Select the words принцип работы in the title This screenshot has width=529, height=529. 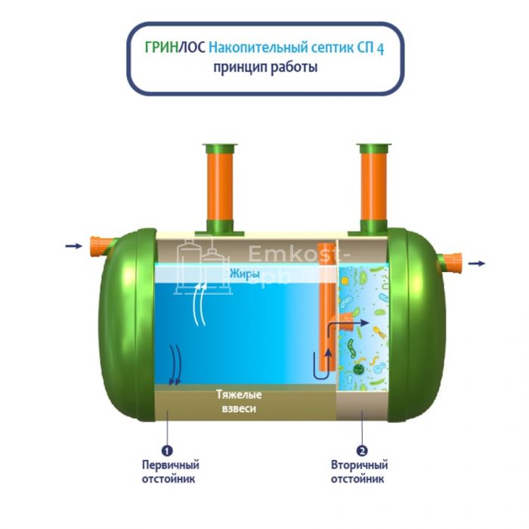264,67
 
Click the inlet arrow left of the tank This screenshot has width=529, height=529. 73,246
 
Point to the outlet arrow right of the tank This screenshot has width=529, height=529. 477,263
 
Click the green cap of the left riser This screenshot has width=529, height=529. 220,148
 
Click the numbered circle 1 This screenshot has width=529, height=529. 168,450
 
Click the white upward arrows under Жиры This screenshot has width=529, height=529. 200,302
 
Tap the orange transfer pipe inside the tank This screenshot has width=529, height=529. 325,317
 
